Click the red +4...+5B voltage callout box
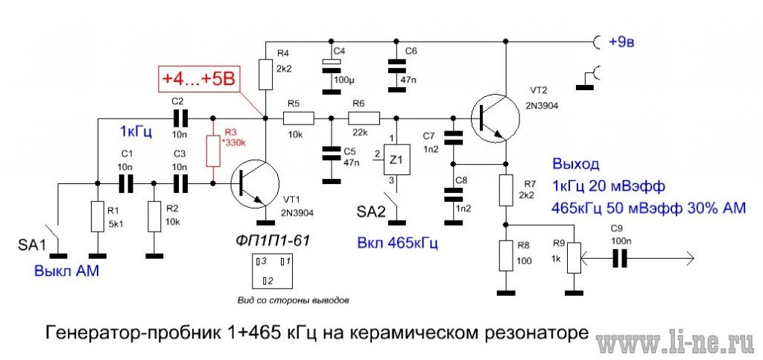point(197,78)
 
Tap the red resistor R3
point(214,151)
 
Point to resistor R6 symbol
point(364,117)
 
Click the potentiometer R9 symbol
point(573,258)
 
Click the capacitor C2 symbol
point(178,117)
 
